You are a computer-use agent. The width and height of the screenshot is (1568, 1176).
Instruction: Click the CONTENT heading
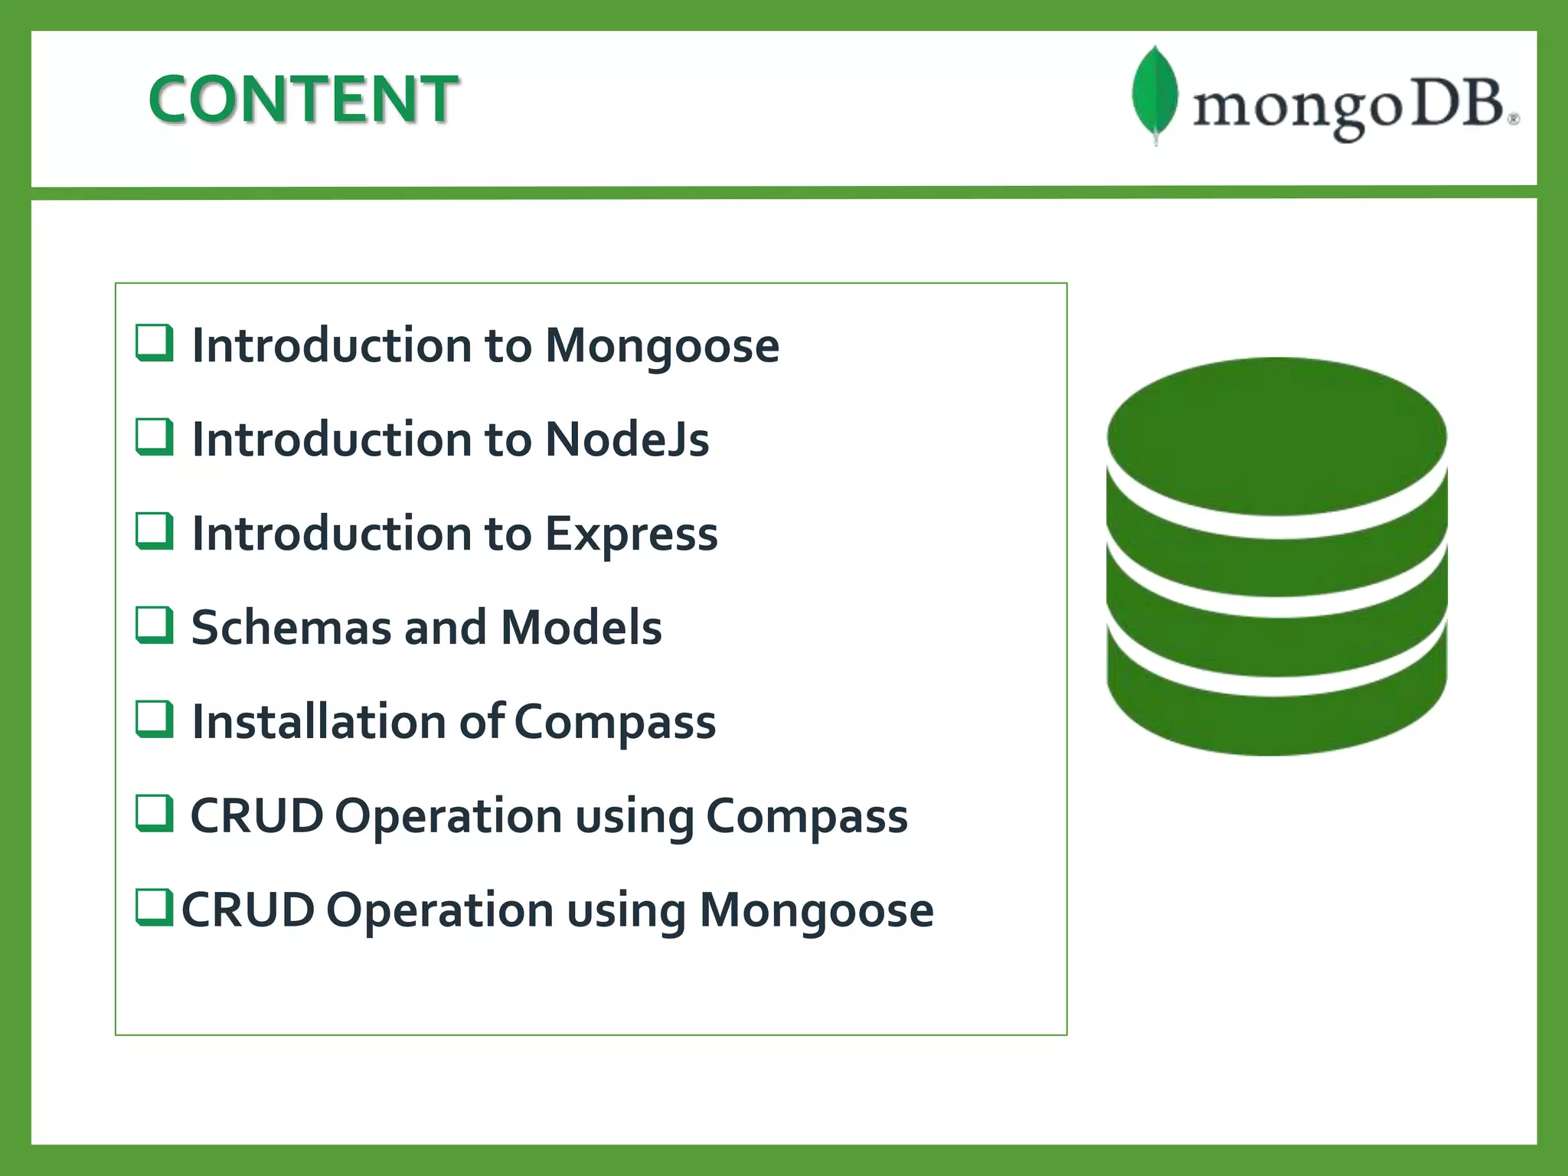303,99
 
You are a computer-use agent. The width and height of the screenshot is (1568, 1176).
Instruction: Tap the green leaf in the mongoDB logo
1155,93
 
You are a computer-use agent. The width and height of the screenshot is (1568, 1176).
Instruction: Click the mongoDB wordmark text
1351,107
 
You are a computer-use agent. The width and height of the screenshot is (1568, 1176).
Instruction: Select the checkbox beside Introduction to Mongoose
155,342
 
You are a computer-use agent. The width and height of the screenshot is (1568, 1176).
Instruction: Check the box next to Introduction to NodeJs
155,436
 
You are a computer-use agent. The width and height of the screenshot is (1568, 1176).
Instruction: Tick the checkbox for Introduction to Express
155,531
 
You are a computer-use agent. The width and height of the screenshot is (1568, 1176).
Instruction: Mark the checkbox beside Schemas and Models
155,625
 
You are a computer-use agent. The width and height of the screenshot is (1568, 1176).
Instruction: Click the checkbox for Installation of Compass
155,719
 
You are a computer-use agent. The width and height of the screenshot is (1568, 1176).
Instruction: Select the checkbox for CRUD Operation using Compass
155,813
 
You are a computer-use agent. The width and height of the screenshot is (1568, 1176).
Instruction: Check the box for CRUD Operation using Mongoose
155,907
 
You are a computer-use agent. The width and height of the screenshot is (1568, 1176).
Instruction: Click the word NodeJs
627,439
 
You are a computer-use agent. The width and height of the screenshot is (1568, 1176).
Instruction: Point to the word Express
631,534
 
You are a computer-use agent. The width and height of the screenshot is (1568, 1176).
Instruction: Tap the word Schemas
290,628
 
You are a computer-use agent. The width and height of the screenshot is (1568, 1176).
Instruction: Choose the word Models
581,628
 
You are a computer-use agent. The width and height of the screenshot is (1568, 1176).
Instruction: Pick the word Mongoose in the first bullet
661,346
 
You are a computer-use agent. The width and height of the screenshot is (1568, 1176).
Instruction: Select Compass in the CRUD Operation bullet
806,816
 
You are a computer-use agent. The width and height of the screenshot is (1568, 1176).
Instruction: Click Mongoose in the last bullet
816,910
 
